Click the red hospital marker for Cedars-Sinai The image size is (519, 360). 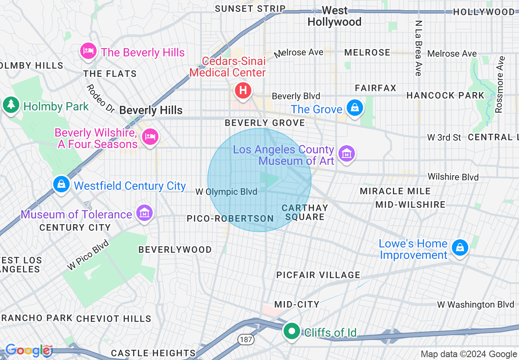(243, 90)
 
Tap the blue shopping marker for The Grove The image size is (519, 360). (354, 108)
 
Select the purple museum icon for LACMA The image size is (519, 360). (347, 154)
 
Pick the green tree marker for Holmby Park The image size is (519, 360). (11, 105)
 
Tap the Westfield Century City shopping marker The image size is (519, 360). (61, 184)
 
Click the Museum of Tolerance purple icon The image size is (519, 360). (144, 213)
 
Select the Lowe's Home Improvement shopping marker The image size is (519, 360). (460, 248)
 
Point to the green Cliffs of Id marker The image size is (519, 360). (292, 331)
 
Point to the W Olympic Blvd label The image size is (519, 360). (226, 191)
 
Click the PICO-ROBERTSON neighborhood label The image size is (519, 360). (230, 219)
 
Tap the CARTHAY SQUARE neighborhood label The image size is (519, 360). (305, 212)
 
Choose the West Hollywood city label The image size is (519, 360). (334, 16)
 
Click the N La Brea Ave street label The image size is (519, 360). (418, 48)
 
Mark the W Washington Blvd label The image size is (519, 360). (475, 304)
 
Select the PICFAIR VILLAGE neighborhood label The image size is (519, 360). (318, 275)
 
